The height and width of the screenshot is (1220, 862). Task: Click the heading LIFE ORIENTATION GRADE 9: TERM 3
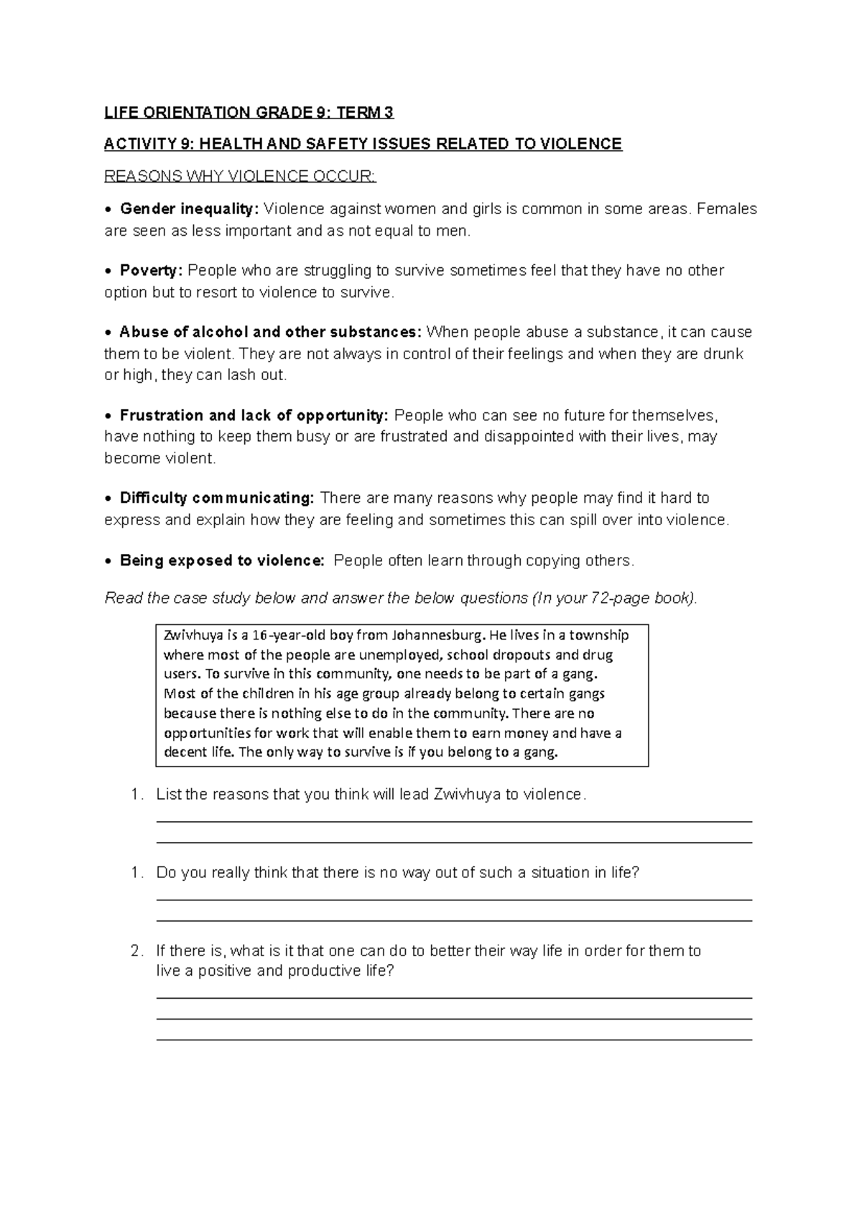coord(249,113)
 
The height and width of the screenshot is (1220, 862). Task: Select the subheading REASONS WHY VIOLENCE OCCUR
coord(240,176)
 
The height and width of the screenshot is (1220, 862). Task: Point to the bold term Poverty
coord(151,271)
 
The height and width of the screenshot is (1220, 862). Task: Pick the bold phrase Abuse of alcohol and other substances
coord(271,333)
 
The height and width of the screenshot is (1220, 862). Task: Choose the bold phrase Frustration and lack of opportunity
coord(254,415)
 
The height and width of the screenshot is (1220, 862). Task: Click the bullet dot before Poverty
coord(108,272)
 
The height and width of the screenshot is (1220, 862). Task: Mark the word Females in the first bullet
coord(727,209)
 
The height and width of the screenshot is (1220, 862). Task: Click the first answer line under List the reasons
coord(454,821)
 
